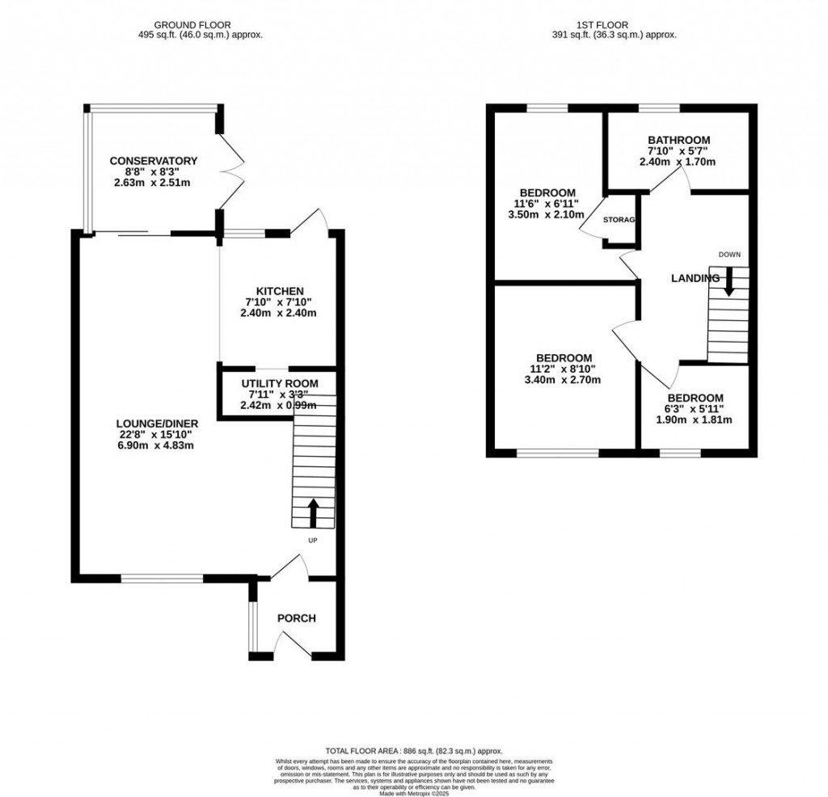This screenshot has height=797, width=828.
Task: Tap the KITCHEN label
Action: tap(280, 291)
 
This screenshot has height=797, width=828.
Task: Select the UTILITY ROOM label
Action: tap(280, 383)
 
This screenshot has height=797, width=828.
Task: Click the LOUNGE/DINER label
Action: tap(158, 423)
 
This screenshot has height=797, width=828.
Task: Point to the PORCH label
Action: tap(297, 618)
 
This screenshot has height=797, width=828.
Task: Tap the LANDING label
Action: tap(695, 278)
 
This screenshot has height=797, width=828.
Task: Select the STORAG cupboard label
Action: tap(621, 220)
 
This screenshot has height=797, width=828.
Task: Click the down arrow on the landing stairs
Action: tap(729, 280)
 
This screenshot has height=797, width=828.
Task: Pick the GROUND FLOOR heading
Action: tap(201, 25)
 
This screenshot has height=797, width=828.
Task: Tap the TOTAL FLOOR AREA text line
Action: tap(414, 750)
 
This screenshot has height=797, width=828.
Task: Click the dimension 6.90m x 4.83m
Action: tap(158, 445)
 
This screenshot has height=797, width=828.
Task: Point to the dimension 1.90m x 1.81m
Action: tap(695, 420)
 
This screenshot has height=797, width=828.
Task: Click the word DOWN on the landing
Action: tap(729, 255)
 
